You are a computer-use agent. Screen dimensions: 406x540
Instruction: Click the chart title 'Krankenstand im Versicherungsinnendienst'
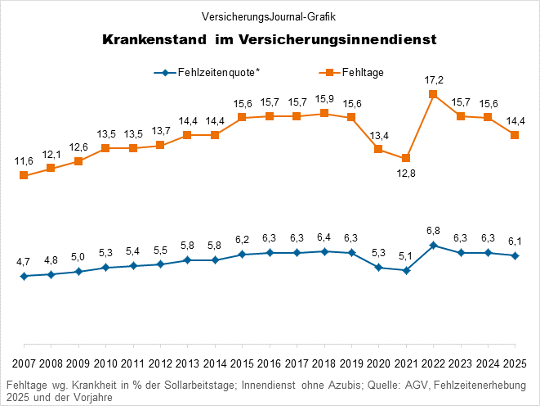tap(270, 39)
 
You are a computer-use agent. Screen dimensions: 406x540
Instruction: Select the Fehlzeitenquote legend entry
tap(208, 73)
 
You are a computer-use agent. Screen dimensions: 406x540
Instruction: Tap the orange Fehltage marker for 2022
tap(433, 94)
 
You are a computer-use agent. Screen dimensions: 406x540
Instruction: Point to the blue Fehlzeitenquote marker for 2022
tap(433, 246)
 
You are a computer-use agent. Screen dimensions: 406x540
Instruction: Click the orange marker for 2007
tap(24, 175)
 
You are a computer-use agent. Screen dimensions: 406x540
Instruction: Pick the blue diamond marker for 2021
tap(406, 270)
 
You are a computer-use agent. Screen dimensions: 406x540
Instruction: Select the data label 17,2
tap(433, 80)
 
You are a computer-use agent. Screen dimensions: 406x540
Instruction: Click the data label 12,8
tap(406, 173)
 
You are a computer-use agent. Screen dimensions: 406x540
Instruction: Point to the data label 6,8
tap(433, 231)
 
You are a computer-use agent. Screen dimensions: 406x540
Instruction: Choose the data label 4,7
tap(24, 262)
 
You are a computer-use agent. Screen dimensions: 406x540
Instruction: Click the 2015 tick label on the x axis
tap(242, 364)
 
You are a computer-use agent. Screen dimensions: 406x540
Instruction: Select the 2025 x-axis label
tap(515, 364)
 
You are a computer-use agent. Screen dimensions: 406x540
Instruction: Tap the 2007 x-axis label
tap(24, 364)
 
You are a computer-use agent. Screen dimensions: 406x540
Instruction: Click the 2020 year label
tap(378, 364)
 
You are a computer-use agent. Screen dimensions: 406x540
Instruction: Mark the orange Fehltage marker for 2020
tap(378, 149)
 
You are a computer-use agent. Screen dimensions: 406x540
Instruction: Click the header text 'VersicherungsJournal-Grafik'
tap(270, 16)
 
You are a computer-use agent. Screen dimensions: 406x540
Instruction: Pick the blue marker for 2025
tap(515, 256)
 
